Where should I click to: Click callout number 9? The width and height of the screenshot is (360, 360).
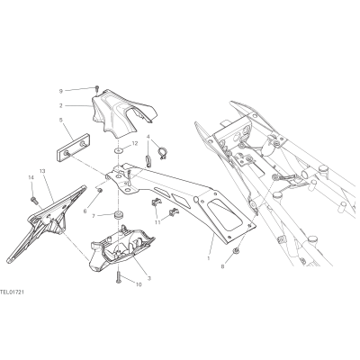(x=60, y=91)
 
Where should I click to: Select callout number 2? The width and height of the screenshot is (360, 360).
(x=60, y=105)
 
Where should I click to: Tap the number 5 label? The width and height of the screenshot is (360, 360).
(x=60, y=120)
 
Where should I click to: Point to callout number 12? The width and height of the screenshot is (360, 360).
(x=135, y=143)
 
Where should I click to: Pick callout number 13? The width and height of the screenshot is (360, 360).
(x=42, y=171)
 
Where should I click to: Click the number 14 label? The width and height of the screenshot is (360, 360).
(x=31, y=177)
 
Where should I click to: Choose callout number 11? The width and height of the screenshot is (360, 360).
(x=157, y=222)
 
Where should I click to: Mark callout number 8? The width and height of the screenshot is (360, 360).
(x=222, y=266)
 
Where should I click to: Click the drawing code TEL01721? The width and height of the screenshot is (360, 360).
(x=12, y=292)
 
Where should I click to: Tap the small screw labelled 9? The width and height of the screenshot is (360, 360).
(x=97, y=88)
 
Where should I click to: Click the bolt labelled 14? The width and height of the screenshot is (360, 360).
(x=32, y=199)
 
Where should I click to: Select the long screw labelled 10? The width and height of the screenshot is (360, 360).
(x=117, y=276)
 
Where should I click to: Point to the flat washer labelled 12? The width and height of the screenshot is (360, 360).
(x=119, y=149)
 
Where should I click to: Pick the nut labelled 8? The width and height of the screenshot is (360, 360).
(x=237, y=250)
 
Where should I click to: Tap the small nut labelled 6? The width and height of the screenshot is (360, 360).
(x=101, y=191)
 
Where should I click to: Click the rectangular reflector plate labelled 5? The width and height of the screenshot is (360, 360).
(x=73, y=148)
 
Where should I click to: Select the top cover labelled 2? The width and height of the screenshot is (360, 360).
(x=123, y=112)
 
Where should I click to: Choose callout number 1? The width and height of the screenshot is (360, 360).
(x=209, y=257)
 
